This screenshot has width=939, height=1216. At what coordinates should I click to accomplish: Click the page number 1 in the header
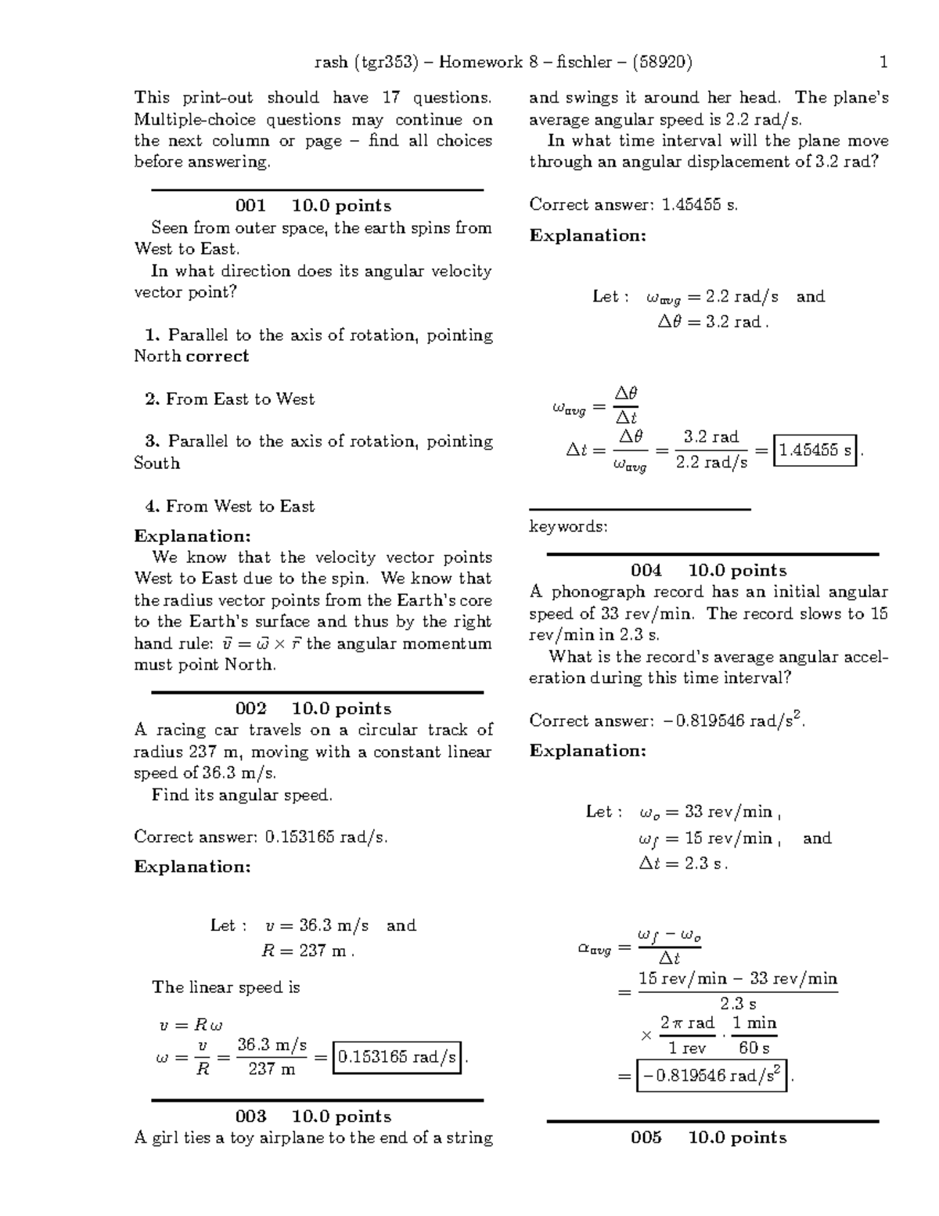883,63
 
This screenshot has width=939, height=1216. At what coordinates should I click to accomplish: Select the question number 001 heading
250,206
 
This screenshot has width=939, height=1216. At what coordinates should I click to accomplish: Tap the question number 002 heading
250,709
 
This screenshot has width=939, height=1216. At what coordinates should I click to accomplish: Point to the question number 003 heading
250,1117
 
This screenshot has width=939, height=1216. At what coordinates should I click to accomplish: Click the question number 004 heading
646,571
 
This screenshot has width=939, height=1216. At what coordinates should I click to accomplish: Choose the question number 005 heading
646,1138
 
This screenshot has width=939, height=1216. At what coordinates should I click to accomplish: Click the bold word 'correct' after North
218,356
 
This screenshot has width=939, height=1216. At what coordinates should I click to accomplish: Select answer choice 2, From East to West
230,399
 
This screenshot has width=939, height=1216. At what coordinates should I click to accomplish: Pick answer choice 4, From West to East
230,507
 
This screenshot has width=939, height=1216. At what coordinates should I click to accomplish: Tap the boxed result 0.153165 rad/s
397,1058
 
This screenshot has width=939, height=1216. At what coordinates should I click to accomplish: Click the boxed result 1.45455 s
815,450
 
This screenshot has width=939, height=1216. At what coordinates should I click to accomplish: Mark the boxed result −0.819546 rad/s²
711,1076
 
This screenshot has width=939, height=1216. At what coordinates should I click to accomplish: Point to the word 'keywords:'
568,527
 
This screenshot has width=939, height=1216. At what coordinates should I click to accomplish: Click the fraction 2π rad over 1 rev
687,1035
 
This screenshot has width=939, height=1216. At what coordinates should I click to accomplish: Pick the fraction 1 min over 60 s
754,1035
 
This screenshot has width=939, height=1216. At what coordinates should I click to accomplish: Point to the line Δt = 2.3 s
683,864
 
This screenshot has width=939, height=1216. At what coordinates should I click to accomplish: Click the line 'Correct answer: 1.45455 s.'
633,205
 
